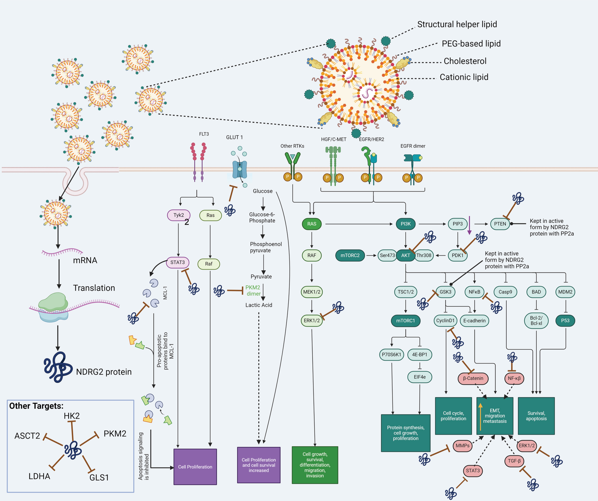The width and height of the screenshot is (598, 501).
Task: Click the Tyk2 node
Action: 179,215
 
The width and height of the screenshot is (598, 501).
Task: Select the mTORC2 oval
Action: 350,255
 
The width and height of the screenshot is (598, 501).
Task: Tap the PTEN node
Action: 500,224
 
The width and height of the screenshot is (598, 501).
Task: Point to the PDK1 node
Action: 457,255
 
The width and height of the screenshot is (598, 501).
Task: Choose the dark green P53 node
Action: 565,321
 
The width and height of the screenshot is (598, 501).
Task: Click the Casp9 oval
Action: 505,292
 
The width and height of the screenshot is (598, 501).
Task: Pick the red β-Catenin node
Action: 473,378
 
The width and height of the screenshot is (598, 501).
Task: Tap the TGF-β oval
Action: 514,461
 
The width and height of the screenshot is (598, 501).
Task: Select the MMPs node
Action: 462,446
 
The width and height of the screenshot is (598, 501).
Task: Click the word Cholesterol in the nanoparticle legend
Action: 465,61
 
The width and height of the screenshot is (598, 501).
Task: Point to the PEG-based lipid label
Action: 471,44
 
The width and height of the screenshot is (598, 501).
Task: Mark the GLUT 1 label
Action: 234,137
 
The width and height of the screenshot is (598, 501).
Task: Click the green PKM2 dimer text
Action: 253,290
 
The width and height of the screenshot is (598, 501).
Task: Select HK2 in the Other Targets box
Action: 72,416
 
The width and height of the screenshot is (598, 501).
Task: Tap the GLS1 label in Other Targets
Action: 99,478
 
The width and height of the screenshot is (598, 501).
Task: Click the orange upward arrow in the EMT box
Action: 480,417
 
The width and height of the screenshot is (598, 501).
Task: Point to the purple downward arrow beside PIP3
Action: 469,225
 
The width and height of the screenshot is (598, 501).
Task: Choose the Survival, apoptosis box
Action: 536,416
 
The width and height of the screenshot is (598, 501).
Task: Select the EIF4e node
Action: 419,377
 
